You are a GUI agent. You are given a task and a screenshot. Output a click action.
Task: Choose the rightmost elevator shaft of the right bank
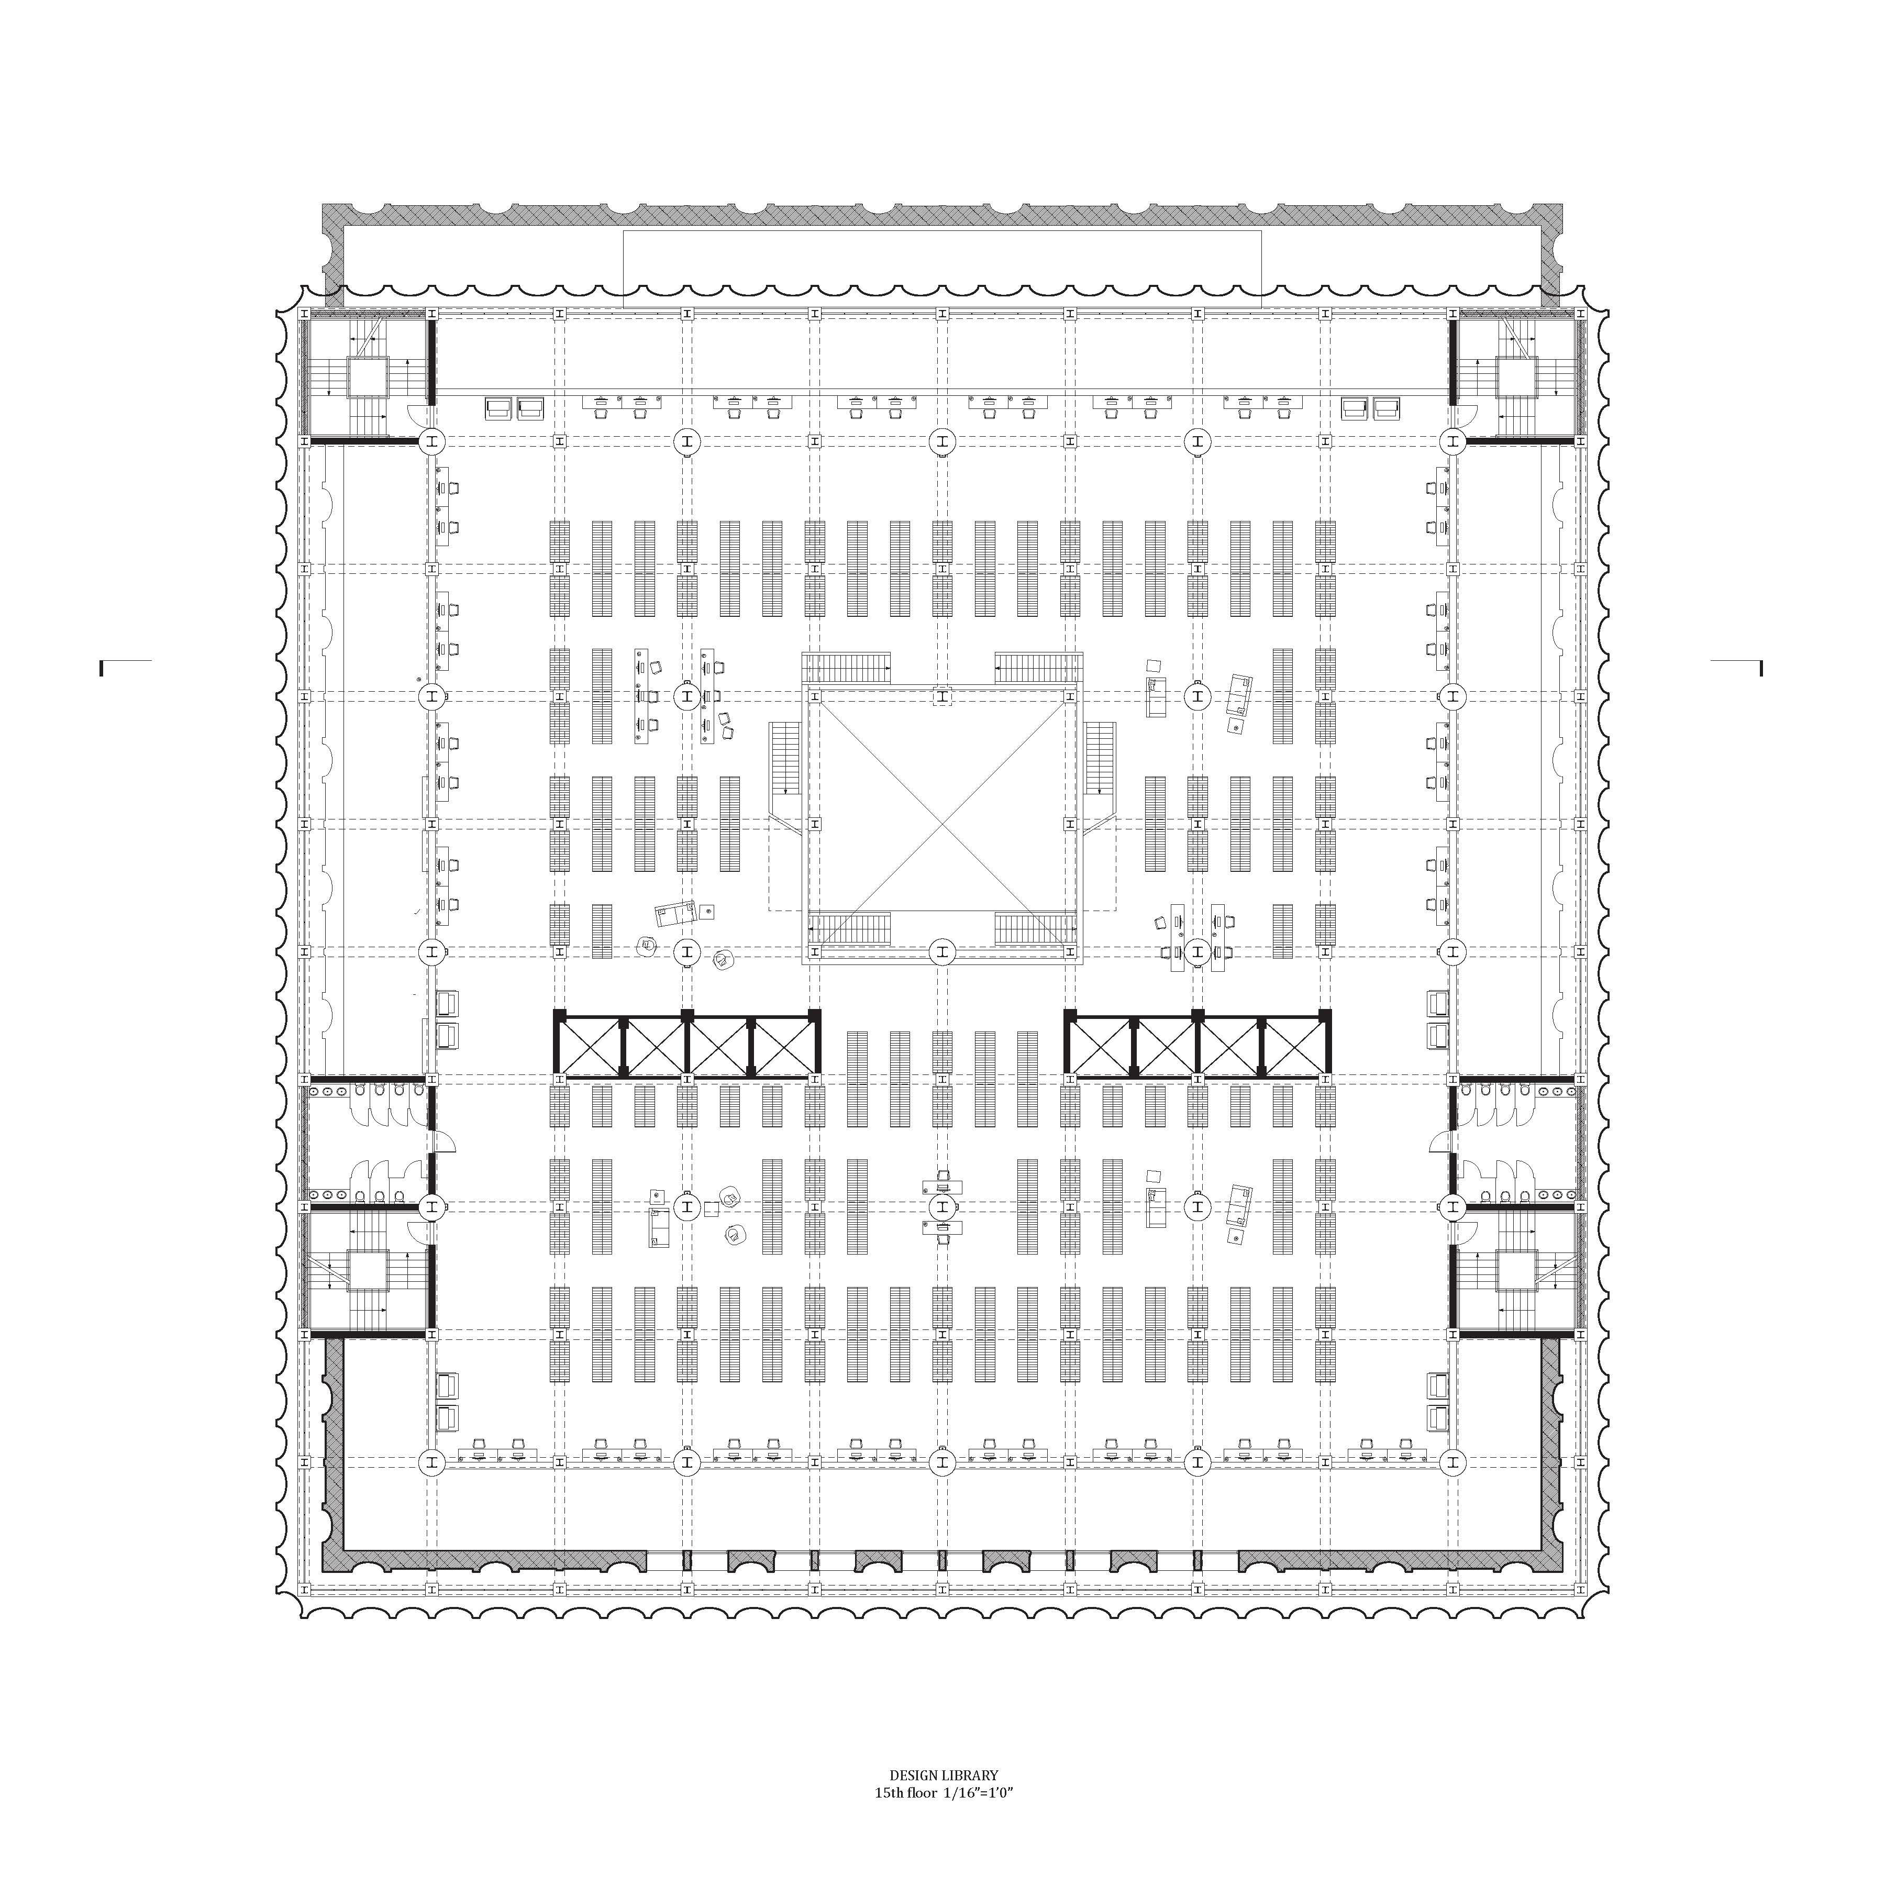tap(1295, 1045)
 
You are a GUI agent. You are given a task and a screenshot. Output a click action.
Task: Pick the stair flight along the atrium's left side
tap(784, 758)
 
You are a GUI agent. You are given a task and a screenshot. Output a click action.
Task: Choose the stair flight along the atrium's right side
tap(1100, 758)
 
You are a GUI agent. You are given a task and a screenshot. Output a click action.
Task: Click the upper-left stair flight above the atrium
tap(847, 668)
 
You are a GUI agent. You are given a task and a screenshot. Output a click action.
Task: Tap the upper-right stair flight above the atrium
tap(1038, 668)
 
